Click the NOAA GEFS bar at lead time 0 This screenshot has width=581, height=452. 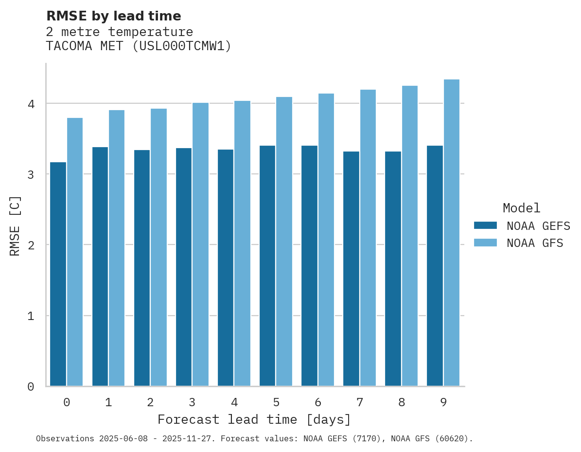pos(58,274)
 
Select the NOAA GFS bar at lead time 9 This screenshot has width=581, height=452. pos(452,233)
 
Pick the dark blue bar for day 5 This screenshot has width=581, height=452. pos(267,266)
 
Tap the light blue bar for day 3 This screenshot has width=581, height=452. pos(200,245)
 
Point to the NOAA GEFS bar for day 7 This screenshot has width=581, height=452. pos(351,269)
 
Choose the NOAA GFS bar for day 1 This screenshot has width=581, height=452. pos(117,248)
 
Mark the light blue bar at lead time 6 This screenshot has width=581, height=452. pos(326,240)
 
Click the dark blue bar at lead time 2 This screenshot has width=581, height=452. pos(142,268)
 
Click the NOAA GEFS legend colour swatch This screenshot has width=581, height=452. pos(485,226)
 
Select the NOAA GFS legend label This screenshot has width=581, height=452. pos(535,243)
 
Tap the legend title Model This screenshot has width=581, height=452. pos(521,208)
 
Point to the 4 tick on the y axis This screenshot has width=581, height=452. pos(31,104)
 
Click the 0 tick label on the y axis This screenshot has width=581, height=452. pos(31,387)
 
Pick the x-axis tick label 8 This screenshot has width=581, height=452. pos(402,402)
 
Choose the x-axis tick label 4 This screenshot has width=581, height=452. pos(234,402)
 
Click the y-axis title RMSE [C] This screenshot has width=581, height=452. pos(15,226)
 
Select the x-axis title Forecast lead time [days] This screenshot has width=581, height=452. pos(254,420)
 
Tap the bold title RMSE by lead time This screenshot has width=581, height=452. pos(113,16)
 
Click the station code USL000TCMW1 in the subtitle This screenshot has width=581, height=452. pos(180,46)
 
